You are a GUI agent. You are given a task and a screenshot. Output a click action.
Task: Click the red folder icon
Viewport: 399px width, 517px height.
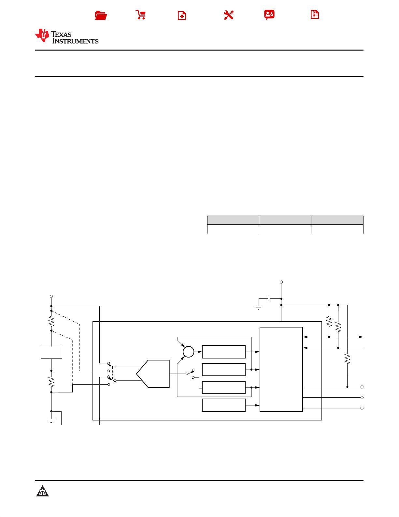(x=101, y=15)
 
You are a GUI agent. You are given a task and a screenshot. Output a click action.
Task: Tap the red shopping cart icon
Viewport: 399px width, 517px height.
(x=141, y=15)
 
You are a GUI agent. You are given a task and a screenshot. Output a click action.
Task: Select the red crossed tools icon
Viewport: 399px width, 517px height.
(x=229, y=15)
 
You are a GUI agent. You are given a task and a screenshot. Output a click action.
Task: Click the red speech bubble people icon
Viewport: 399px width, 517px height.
(x=269, y=15)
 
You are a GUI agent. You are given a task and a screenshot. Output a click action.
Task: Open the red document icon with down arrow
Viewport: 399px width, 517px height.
(x=182, y=15)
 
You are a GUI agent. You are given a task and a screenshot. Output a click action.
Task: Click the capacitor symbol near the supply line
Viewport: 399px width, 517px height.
(x=269, y=298)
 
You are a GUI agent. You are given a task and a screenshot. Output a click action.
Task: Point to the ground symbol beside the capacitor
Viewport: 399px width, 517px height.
(x=259, y=308)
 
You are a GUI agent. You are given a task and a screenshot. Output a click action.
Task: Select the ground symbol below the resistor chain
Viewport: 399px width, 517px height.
(x=51, y=421)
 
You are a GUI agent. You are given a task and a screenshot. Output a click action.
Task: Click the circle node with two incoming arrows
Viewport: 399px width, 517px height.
(x=188, y=352)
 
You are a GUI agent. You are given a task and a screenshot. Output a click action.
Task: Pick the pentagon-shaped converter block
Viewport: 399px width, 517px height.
(x=153, y=374)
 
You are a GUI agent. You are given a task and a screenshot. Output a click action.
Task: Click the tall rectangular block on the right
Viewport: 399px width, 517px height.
(x=281, y=369)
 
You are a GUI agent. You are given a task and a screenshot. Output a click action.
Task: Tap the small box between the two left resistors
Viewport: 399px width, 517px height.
(x=51, y=353)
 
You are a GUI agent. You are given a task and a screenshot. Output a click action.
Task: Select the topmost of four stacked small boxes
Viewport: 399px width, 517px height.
(x=224, y=352)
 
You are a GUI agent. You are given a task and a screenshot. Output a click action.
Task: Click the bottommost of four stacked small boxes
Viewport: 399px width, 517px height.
(x=224, y=405)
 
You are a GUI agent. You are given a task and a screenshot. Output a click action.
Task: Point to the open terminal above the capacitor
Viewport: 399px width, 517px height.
(x=281, y=282)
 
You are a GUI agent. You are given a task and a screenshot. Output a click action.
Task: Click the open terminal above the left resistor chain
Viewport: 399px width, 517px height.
(x=51, y=297)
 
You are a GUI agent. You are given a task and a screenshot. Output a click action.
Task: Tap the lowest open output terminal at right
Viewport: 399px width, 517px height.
(x=362, y=408)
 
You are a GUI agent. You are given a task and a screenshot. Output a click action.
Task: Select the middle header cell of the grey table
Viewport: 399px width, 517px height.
(x=285, y=220)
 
